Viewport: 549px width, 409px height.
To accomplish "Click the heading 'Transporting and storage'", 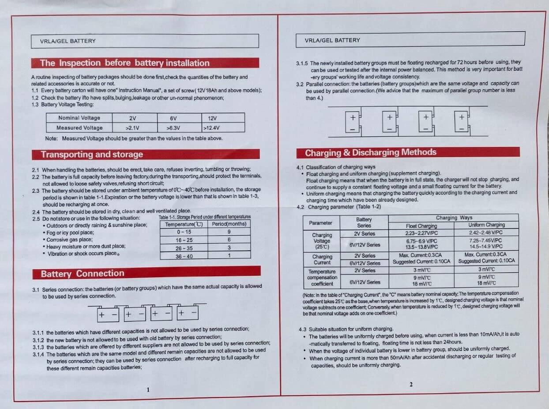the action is click(x=92, y=154).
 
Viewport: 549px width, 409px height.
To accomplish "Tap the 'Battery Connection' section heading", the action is click(x=83, y=274).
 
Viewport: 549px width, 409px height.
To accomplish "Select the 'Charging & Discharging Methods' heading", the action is click(x=370, y=153).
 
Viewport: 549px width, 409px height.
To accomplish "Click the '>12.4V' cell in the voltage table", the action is click(x=211, y=128).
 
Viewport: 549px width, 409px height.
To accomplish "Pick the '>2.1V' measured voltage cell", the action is click(x=132, y=128).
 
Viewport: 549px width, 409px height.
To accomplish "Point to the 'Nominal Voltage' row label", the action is click(x=79, y=118).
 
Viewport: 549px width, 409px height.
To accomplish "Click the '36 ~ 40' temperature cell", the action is click(x=184, y=256).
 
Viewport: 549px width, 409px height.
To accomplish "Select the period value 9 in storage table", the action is click(x=229, y=232).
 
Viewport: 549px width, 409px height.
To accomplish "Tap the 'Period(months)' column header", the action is click(x=229, y=224).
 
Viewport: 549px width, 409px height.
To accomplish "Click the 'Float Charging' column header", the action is click(x=421, y=226).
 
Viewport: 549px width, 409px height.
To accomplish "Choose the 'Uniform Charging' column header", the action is click(x=486, y=225).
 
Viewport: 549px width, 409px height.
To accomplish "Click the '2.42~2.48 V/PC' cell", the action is click(x=486, y=233).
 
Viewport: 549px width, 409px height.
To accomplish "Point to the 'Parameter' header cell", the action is click(x=320, y=223).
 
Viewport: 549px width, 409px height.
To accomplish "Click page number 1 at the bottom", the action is click(x=148, y=390).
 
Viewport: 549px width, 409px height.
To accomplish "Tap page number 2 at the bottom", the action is click(x=411, y=384).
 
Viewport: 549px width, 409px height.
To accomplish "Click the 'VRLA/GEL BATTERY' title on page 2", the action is click(x=332, y=40).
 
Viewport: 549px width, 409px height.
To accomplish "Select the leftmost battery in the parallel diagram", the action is click(x=353, y=121).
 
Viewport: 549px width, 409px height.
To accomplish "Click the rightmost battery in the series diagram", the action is click(x=188, y=312).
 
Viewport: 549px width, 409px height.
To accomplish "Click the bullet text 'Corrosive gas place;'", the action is click(x=70, y=240).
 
